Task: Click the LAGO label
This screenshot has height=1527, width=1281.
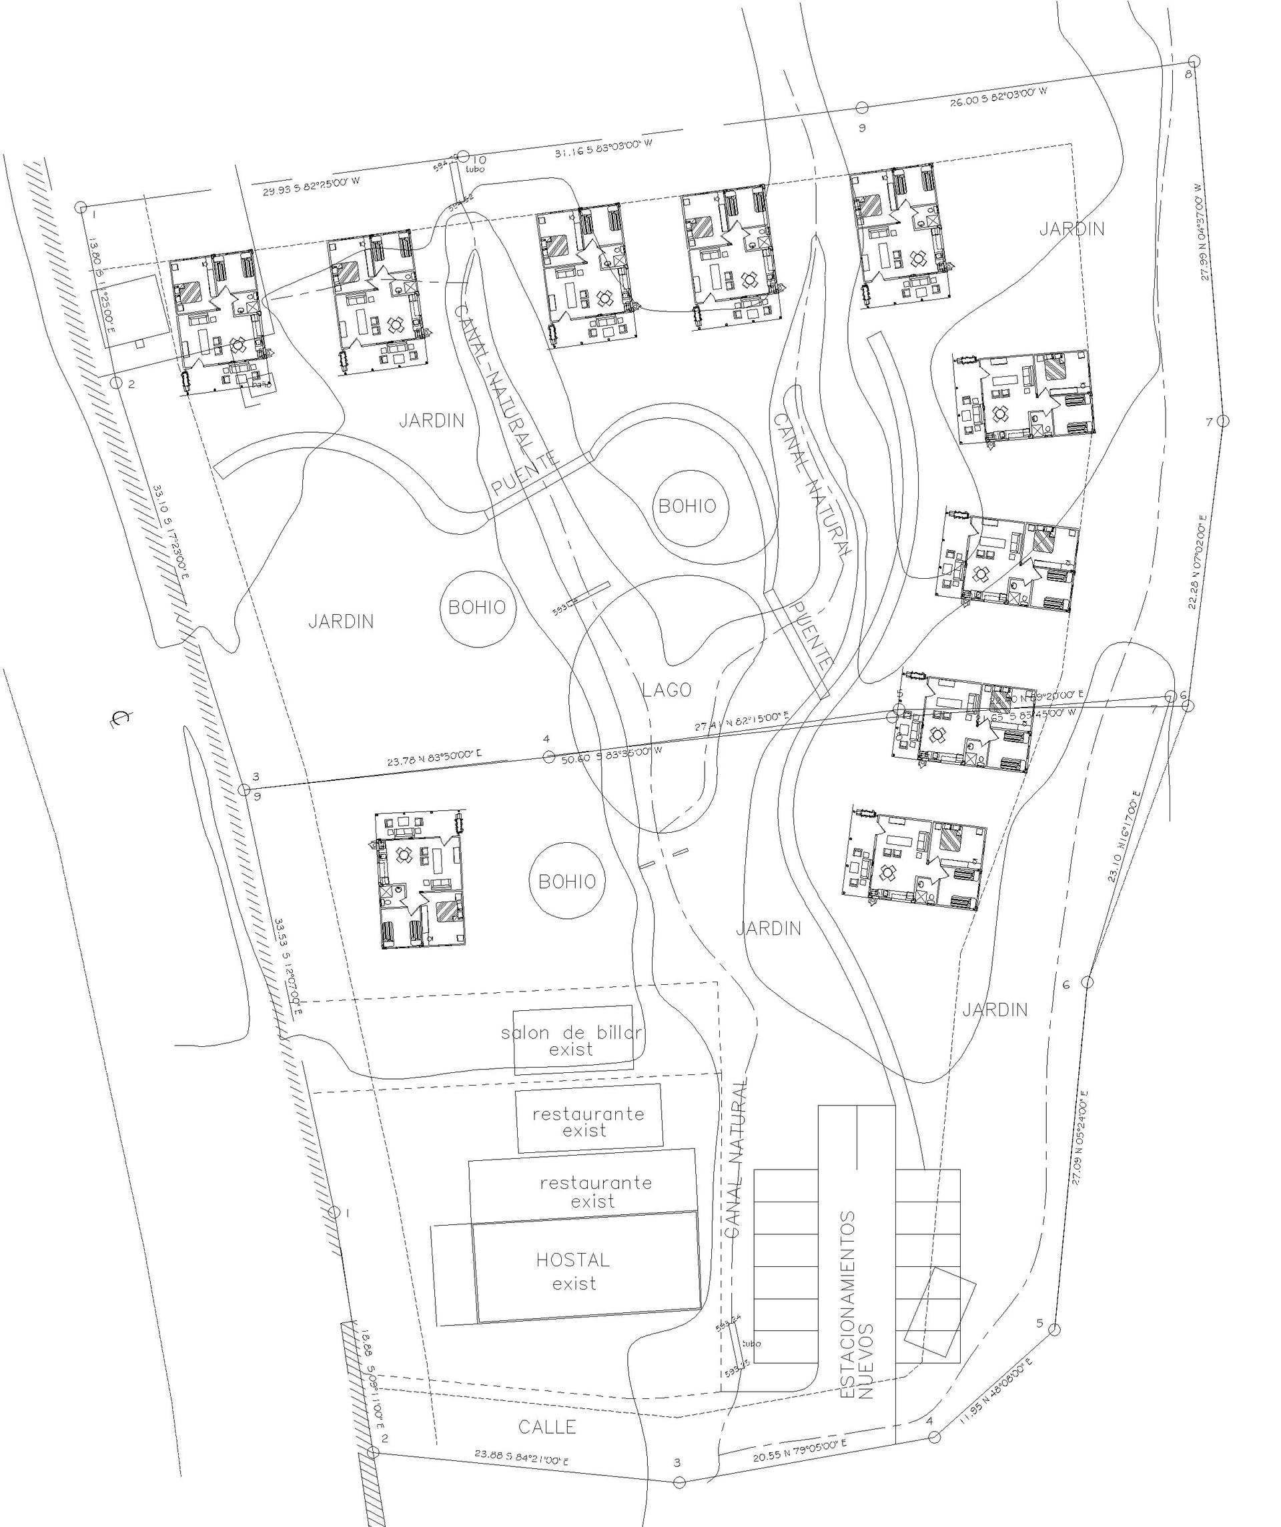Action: [x=667, y=690]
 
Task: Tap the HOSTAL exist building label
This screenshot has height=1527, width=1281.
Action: [x=573, y=1269]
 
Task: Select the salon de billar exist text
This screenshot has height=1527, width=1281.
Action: [x=571, y=1042]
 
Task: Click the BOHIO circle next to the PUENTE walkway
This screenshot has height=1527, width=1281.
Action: [x=687, y=506]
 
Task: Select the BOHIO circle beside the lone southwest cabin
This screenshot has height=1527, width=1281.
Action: [x=567, y=882]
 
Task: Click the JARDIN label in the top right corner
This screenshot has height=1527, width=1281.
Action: [x=1071, y=229]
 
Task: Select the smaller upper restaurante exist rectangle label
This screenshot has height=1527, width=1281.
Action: [x=588, y=1122]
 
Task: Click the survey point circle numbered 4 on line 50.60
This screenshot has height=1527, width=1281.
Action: [x=548, y=757]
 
